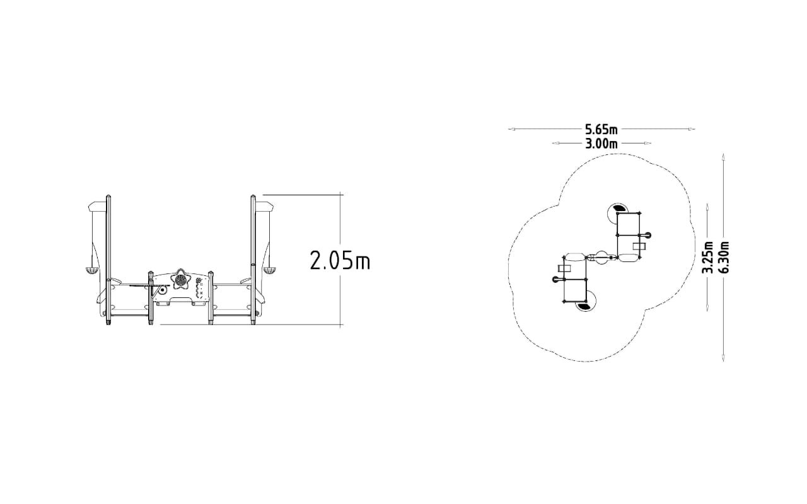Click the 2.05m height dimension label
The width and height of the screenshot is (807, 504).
click(340, 260)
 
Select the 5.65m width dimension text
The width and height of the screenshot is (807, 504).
click(601, 129)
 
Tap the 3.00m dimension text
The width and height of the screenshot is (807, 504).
click(601, 144)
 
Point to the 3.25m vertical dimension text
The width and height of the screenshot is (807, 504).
click(708, 257)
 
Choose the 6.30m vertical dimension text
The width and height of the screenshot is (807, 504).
click(724, 257)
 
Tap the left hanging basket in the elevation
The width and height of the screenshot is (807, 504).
click(91, 270)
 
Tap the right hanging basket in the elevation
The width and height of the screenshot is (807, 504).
click(269, 270)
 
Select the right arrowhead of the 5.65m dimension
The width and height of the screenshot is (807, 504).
click(692, 129)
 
